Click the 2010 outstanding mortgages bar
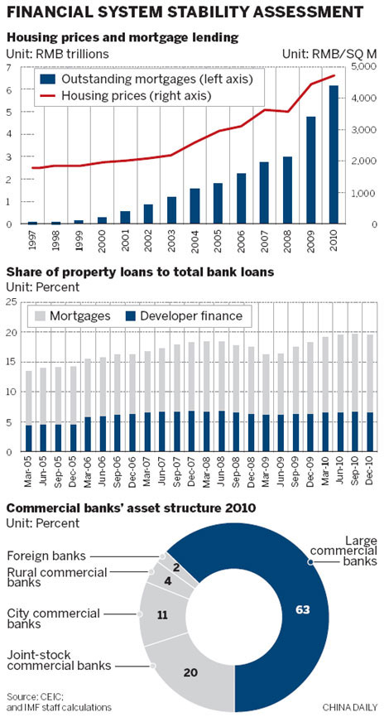[x=334, y=155]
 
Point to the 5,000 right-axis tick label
[x=365, y=66]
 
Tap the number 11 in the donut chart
[x=161, y=615]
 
